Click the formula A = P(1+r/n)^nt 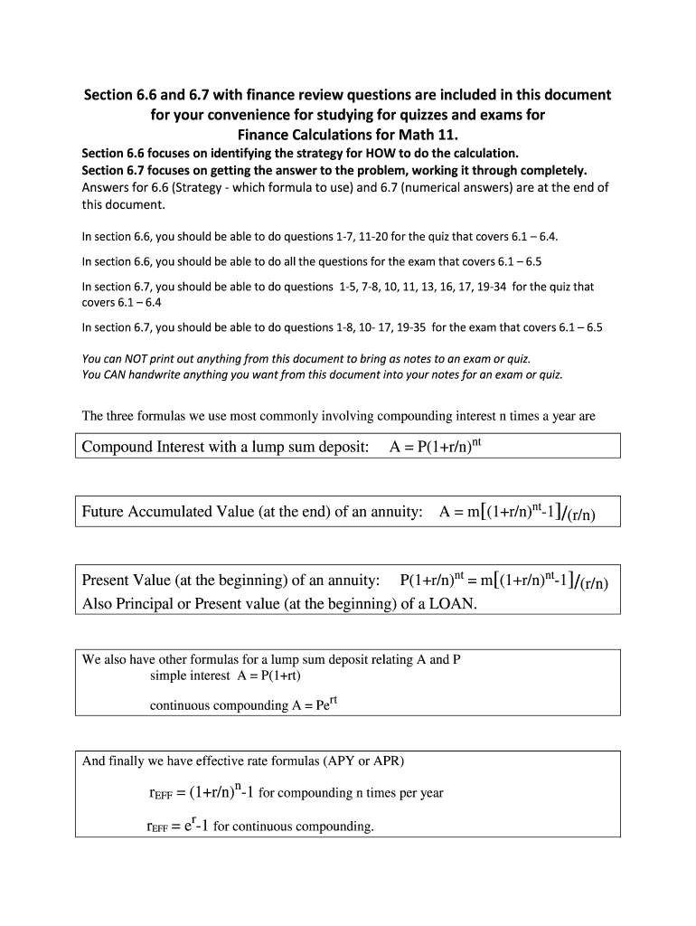tap(442, 447)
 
